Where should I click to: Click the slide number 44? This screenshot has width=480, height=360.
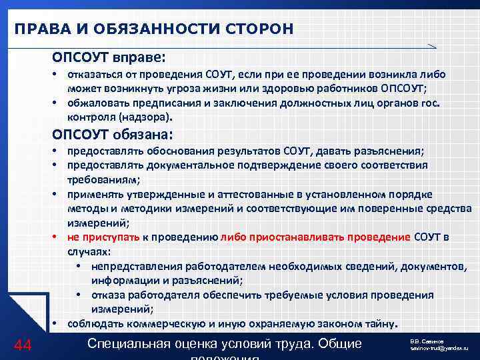point(23,345)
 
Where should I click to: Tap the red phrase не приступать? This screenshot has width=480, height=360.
point(103,237)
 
